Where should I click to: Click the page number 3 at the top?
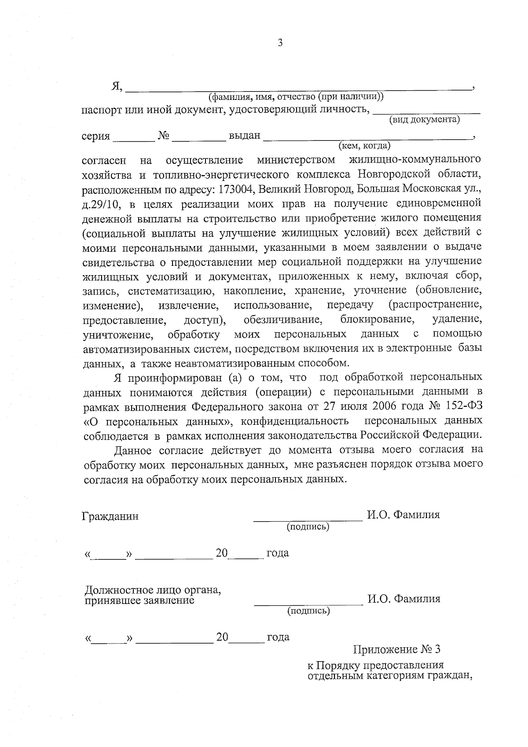[280, 43]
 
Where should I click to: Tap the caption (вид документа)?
[425, 119]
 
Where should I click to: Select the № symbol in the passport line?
[164, 136]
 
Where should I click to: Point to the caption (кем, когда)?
[364, 145]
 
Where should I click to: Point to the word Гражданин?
[110, 516]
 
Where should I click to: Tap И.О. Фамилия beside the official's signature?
[403, 599]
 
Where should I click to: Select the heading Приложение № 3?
[396, 649]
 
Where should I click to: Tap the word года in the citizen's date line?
[278, 553]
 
